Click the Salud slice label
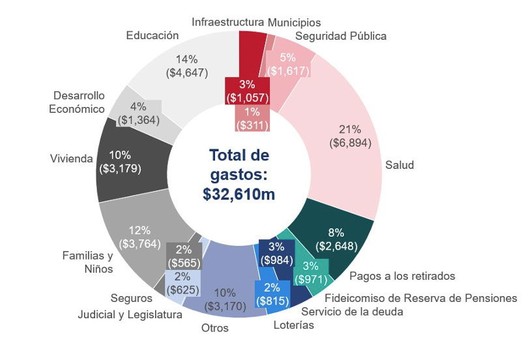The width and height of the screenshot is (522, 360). click(x=399, y=165)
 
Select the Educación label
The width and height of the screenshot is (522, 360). click(x=152, y=35)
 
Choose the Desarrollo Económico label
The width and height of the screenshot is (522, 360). click(x=77, y=102)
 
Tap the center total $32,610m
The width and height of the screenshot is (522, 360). click(x=239, y=194)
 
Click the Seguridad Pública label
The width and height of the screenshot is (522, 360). click(x=341, y=36)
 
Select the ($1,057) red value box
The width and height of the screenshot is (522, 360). click(x=246, y=97)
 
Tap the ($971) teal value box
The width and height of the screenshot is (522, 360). click(x=311, y=278)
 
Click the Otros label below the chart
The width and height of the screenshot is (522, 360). click(x=214, y=328)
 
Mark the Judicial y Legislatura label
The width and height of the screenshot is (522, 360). click(x=130, y=314)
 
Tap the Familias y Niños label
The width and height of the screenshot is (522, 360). click(x=87, y=262)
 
